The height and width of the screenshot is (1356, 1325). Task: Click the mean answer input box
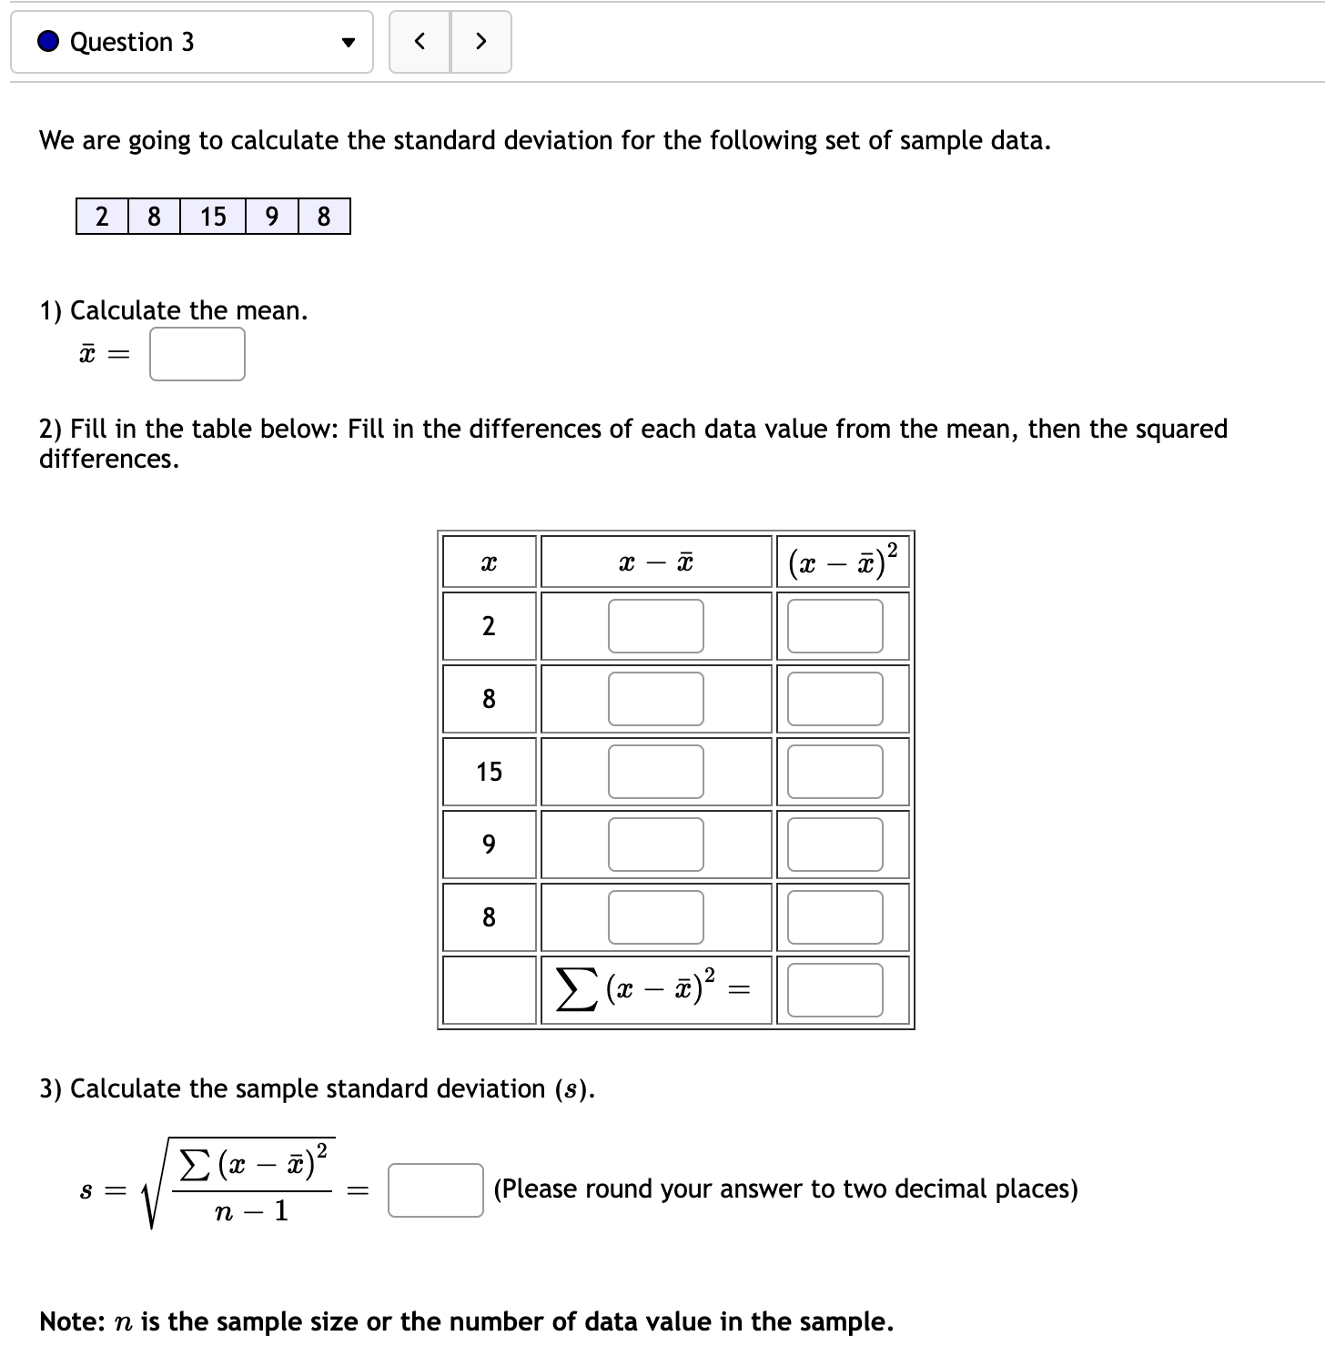pyautogui.click(x=197, y=354)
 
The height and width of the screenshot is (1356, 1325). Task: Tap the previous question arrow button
pyautogui.click(x=420, y=41)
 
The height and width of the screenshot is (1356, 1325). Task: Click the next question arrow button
pyautogui.click(x=481, y=41)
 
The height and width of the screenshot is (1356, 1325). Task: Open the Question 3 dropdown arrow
pyautogui.click(x=347, y=43)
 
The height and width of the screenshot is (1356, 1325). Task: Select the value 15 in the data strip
pyautogui.click(x=213, y=217)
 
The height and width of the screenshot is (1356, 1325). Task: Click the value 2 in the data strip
pyautogui.click(x=102, y=217)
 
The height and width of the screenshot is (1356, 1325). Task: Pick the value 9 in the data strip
pyautogui.click(x=271, y=217)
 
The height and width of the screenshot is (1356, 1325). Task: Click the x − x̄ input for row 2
pyautogui.click(x=655, y=626)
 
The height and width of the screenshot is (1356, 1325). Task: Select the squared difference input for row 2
pyautogui.click(x=834, y=626)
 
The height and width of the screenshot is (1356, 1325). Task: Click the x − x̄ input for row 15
pyautogui.click(x=655, y=772)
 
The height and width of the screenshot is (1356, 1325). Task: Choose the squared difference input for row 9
pyautogui.click(x=834, y=845)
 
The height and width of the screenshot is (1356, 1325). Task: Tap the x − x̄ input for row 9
pyautogui.click(x=655, y=845)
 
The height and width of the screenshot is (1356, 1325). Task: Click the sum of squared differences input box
pyautogui.click(x=834, y=990)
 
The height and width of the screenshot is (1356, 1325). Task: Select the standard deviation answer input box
pyautogui.click(x=435, y=1190)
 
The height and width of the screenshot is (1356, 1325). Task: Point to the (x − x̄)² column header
pyautogui.click(x=843, y=562)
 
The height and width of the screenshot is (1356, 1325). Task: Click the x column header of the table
pyautogui.click(x=489, y=563)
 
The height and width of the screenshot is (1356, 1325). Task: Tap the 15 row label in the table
pyautogui.click(x=489, y=772)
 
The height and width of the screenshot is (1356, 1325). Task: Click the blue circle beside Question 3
pyautogui.click(x=49, y=42)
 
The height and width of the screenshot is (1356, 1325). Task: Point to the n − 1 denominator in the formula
pyautogui.click(x=251, y=1211)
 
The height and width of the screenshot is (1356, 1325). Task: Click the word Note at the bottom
pyautogui.click(x=71, y=1321)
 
